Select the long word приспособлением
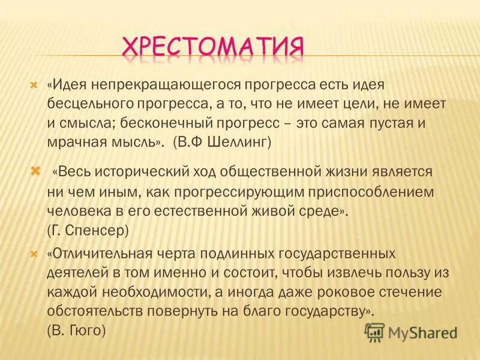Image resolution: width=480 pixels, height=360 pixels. (x=366, y=191)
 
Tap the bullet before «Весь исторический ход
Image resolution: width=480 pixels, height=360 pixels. (x=35, y=172)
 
